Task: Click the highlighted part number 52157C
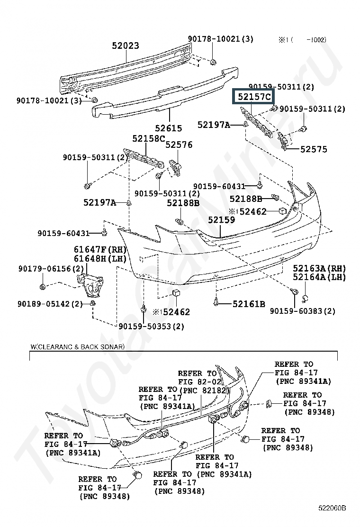click(254, 97)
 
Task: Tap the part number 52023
click(125, 45)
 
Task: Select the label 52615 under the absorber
click(169, 128)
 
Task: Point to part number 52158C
click(148, 138)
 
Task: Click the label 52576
click(179, 145)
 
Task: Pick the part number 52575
click(314, 149)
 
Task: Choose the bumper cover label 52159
click(221, 220)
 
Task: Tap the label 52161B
click(249, 304)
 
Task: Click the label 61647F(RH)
click(100, 250)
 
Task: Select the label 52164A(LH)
click(319, 277)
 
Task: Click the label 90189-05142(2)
click(50, 304)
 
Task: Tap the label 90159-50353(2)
click(152, 327)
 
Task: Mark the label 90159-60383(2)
click(303, 311)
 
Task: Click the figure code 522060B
click(332, 508)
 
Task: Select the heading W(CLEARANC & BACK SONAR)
click(78, 347)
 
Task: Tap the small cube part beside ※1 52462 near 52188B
click(282, 211)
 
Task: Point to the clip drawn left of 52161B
click(216, 301)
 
